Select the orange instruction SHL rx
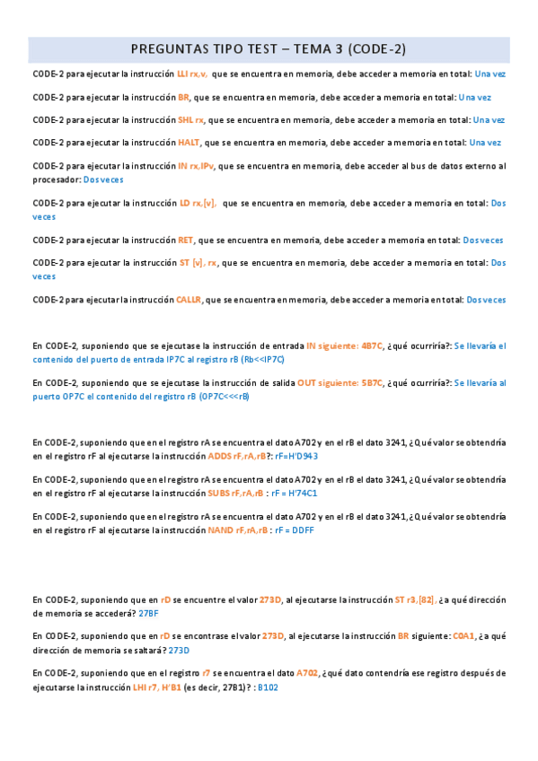point(191,119)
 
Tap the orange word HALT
point(189,142)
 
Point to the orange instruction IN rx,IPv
point(196,166)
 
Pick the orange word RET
point(186,241)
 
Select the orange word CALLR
point(190,300)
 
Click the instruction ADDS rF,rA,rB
point(238,456)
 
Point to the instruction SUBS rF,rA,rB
point(235,493)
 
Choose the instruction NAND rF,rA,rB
point(237,530)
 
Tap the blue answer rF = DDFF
point(295,530)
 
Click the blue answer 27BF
point(149,614)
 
